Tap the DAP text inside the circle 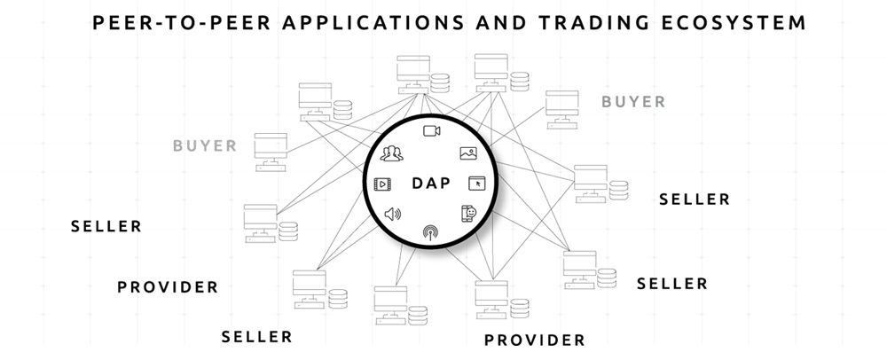(431, 184)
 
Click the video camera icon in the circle (432, 132)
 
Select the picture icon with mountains (469, 153)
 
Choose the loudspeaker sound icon (392, 214)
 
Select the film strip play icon (383, 184)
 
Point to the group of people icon (390, 155)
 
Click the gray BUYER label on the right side (633, 102)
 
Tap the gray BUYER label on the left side (205, 145)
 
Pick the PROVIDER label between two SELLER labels (168, 287)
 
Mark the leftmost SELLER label (106, 226)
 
